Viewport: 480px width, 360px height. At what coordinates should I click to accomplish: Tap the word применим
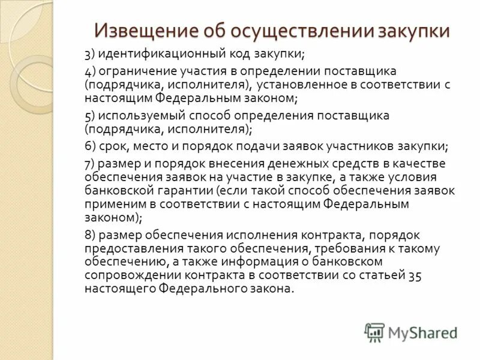(x=111, y=204)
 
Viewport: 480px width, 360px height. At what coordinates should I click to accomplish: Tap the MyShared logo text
(x=422, y=331)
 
